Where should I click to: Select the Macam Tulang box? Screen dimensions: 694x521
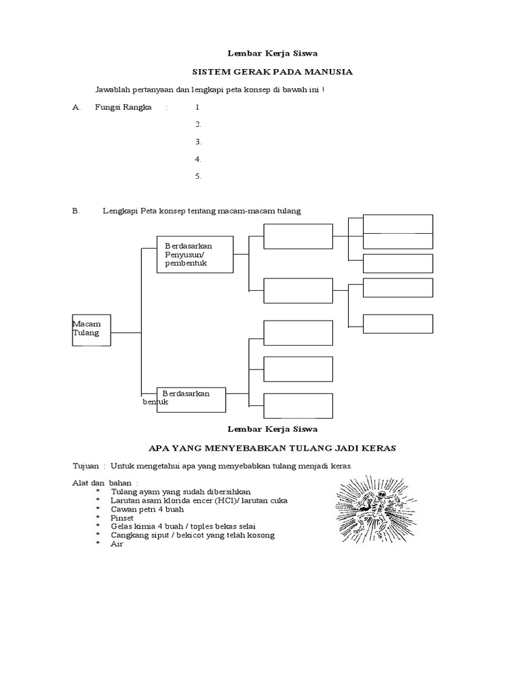tap(92, 330)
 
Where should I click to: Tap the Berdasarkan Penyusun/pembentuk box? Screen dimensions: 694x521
tap(195, 254)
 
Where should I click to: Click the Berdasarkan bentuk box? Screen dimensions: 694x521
tap(191, 399)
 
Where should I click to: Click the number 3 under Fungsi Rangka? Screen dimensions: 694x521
tap(197, 142)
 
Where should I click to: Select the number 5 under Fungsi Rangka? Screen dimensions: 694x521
tap(197, 176)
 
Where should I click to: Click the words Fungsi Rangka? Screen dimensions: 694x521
tap(123, 107)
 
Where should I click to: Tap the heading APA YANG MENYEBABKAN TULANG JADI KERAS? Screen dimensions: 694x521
tap(272, 448)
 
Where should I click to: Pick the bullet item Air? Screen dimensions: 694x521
tap(117, 544)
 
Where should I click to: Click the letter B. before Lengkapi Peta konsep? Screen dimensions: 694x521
tap(76, 211)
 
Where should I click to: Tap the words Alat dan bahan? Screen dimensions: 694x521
tap(100, 483)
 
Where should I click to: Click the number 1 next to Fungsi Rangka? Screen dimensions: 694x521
tap(197, 107)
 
